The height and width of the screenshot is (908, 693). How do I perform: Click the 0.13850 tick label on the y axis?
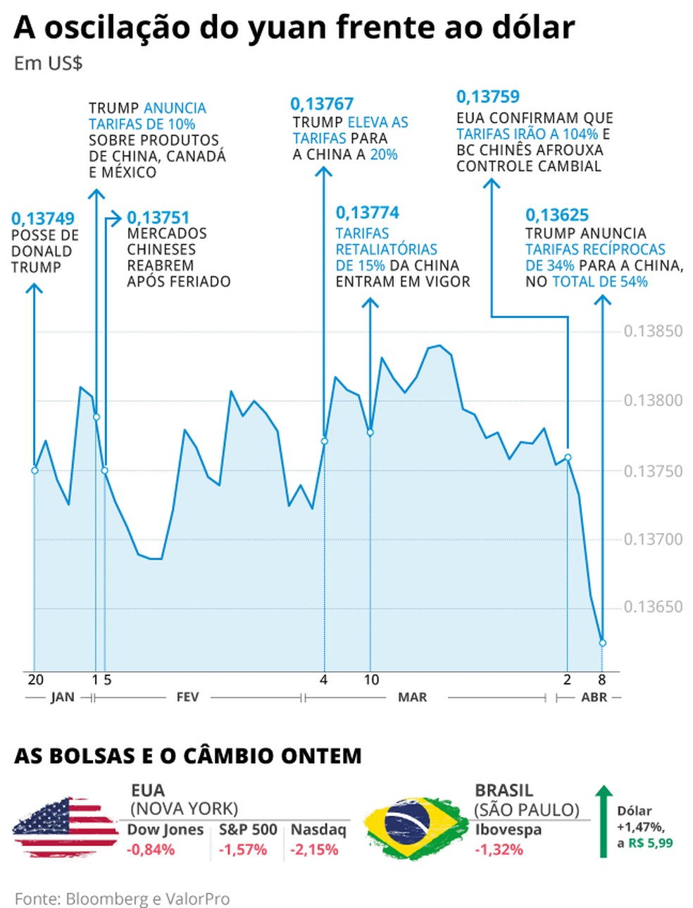pos(652,331)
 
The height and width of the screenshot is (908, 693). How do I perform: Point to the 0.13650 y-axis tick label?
pos(652,607)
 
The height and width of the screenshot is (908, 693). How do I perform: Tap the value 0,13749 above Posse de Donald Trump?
pos(43,219)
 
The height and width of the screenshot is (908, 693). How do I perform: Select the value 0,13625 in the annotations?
pos(557,215)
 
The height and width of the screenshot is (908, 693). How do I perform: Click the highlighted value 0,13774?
pos(368,212)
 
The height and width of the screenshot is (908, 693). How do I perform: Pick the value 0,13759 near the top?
pos(488,97)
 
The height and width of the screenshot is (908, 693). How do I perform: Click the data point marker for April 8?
pos(602,643)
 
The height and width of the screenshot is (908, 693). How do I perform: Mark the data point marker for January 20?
pos(35,470)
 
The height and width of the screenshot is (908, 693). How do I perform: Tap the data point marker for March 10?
pos(370,432)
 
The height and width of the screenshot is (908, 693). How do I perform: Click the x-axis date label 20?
pos(35,680)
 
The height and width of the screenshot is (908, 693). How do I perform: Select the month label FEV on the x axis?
pos(187,697)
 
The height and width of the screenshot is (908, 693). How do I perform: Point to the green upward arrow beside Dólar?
pos(603,822)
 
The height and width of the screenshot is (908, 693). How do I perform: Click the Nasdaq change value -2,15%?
pos(314,849)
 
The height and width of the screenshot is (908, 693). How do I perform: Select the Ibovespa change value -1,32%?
pos(499,849)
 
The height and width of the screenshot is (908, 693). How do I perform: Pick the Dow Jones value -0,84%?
pos(151,849)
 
